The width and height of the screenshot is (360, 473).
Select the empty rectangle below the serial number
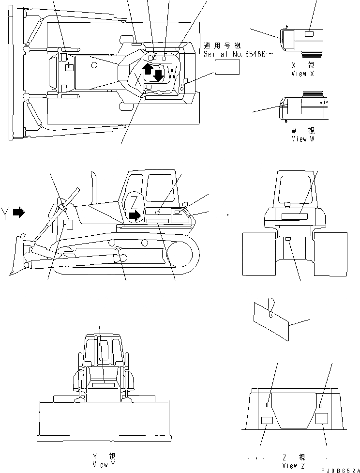227,69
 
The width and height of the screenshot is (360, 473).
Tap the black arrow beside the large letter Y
19,212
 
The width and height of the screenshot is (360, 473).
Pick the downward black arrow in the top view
158,75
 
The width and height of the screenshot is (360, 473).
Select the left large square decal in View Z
267,421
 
